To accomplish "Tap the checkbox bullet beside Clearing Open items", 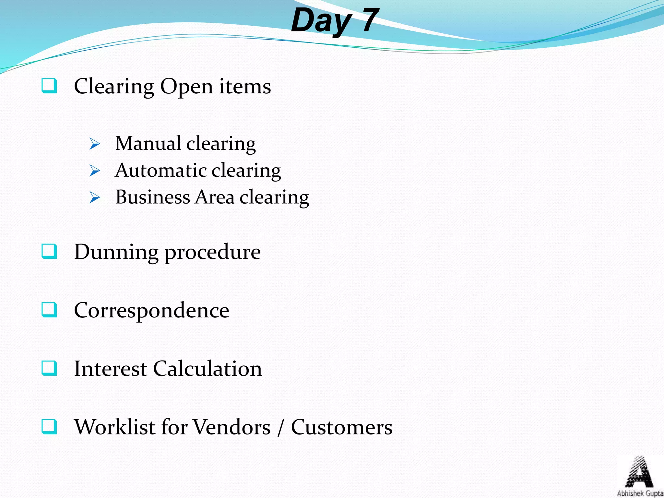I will point(49,86).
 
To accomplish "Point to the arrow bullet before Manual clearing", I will point(95,144).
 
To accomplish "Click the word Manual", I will point(148,143).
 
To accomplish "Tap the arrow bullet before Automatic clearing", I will point(95,171).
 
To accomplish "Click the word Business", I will point(153,197).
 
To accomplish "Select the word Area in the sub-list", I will point(214,197).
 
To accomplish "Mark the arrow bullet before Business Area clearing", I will point(95,197).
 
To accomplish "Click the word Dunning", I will point(116,252).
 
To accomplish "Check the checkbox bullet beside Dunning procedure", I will point(49,252).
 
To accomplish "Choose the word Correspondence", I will point(151,310).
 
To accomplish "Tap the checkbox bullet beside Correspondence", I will point(49,310).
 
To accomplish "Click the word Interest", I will point(111,369).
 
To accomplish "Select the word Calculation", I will point(207,369).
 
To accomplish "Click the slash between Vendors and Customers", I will point(281,428).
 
